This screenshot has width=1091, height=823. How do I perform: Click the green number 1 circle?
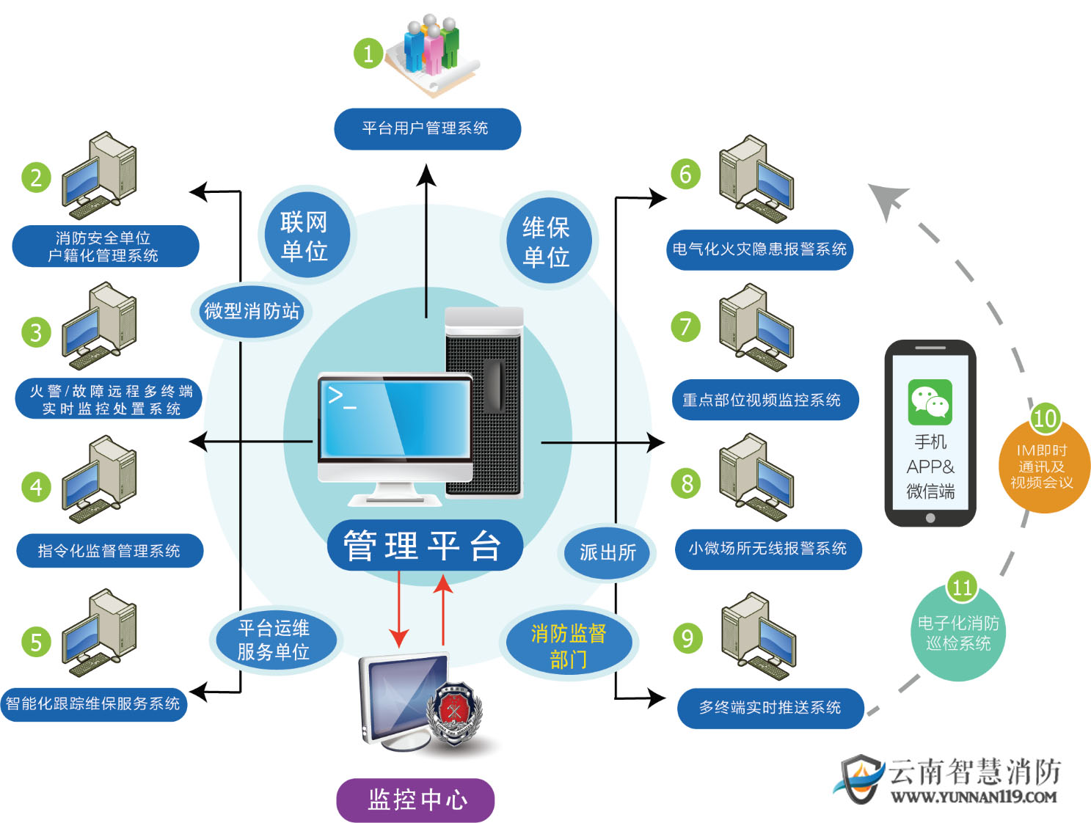(x=368, y=53)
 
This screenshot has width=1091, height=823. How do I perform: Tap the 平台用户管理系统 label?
(x=427, y=129)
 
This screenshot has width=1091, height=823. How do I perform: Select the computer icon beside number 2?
(x=100, y=176)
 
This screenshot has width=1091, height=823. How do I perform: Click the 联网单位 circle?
(x=304, y=235)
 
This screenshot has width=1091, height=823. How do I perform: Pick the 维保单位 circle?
(x=547, y=241)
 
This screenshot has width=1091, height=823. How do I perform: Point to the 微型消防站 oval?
(x=252, y=311)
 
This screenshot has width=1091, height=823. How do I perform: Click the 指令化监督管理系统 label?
(x=109, y=551)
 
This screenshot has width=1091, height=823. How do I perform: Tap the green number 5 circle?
(x=36, y=642)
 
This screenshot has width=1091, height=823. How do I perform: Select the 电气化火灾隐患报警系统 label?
(x=759, y=249)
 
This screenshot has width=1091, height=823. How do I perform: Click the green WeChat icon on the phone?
(x=930, y=402)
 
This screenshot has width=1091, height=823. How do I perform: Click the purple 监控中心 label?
(x=415, y=800)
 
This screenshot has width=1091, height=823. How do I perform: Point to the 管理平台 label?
(x=424, y=546)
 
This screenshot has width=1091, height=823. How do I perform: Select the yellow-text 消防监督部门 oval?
(x=569, y=645)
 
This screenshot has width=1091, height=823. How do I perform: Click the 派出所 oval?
(x=607, y=552)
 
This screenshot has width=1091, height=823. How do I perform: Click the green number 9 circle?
(x=687, y=637)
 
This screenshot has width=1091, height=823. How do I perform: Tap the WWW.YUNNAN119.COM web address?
(x=974, y=797)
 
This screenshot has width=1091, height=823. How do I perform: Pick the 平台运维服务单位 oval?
(x=274, y=640)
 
